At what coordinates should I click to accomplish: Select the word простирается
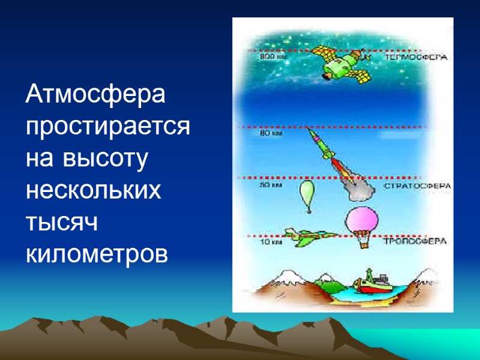click(x=107, y=128)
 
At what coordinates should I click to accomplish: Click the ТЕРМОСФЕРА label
click(x=418, y=58)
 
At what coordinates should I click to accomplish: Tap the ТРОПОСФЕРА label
click(x=416, y=242)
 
